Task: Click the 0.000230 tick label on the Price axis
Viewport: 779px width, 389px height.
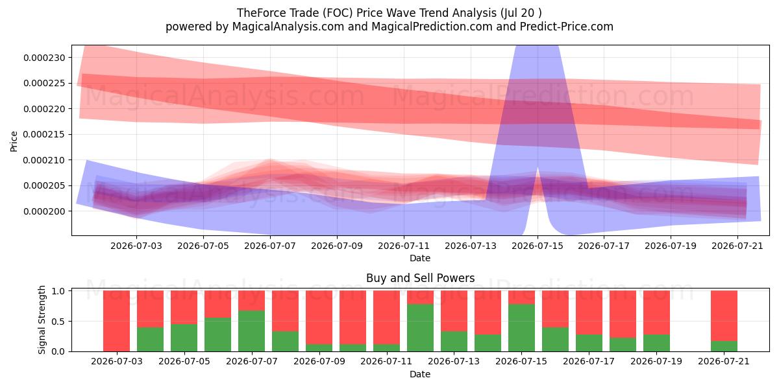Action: [44, 58]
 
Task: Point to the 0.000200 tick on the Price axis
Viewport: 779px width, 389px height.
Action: [44, 211]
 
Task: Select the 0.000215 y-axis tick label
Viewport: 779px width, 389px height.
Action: [44, 134]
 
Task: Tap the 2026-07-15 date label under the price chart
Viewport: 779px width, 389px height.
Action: [538, 246]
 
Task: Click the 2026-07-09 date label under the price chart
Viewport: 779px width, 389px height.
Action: [337, 246]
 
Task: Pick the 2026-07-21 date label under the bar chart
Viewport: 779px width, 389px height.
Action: [724, 361]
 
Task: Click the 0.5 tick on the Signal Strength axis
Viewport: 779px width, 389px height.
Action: [58, 322]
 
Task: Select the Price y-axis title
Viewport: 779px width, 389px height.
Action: [14, 141]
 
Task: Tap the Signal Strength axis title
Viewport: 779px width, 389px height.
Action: [42, 320]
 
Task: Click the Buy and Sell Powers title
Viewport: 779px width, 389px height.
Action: [421, 278]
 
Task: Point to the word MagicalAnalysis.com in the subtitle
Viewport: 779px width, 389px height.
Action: [288, 27]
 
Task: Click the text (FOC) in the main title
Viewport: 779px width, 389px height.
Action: [338, 13]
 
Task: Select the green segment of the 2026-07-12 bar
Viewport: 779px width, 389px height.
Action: [421, 328]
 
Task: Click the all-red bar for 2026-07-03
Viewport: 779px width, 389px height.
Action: [116, 321]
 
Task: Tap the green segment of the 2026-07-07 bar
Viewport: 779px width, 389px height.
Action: [251, 331]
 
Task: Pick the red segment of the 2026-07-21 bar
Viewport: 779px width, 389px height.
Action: [724, 316]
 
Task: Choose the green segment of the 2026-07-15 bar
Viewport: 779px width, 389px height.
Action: [522, 328]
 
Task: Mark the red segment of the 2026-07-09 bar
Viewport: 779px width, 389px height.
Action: [319, 318]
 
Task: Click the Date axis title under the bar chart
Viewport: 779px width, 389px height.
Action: [420, 374]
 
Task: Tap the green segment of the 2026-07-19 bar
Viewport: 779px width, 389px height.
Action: [656, 343]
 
